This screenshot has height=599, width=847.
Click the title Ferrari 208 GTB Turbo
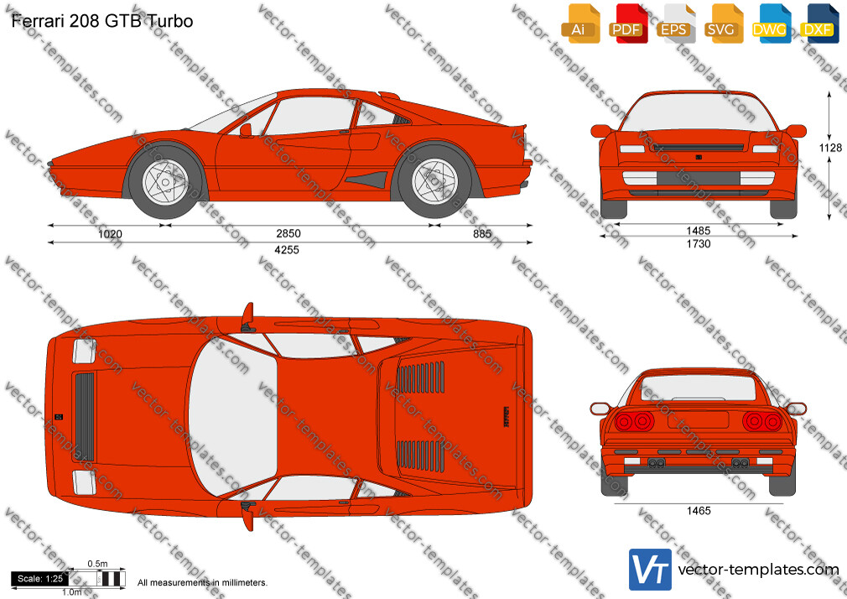point(102,20)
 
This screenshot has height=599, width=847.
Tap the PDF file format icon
point(626,24)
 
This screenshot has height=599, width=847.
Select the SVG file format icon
point(722,24)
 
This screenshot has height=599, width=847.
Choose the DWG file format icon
point(769,24)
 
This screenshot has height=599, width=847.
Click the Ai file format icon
point(579,24)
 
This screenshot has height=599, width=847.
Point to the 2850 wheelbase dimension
point(288,233)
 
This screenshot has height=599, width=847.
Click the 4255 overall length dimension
point(287,250)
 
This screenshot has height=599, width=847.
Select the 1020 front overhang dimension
point(110,234)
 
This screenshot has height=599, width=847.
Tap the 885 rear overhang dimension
point(482,233)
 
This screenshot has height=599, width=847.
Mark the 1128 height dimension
point(830,148)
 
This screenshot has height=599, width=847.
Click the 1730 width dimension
point(699,244)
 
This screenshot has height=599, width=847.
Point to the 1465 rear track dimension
point(699,510)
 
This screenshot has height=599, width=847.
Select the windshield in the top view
point(233,419)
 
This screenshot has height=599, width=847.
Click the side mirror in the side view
point(246,130)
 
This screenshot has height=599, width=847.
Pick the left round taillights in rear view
point(635,421)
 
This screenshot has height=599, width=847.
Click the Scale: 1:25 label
point(40,579)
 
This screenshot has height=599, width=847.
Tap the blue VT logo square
point(651,570)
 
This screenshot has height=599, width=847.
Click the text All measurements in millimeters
point(202,583)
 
